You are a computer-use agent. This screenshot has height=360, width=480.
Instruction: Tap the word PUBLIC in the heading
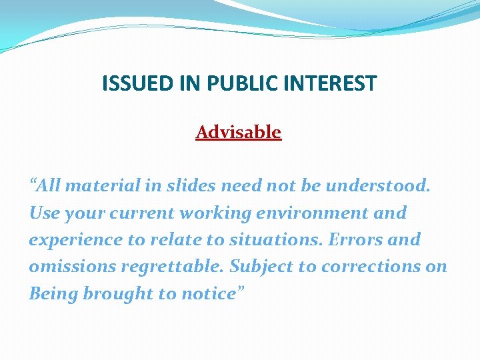click(238, 83)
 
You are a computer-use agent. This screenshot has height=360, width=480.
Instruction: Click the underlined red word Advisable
click(238, 132)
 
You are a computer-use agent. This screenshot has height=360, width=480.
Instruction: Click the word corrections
click(374, 266)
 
